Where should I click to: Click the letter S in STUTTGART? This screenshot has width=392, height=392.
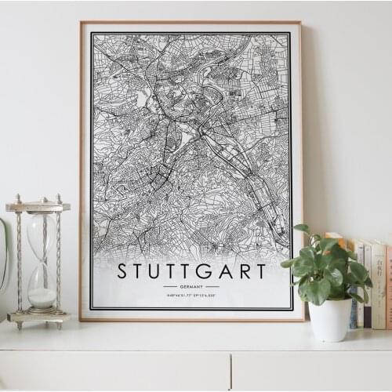click(x=123, y=271)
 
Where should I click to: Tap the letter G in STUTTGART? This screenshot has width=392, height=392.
click(x=202, y=271)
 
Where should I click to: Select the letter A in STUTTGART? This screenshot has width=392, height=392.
click(x=222, y=271)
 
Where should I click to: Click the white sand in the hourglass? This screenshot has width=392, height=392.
click(x=42, y=297)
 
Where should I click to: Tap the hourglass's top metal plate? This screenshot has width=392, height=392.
click(x=38, y=207)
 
